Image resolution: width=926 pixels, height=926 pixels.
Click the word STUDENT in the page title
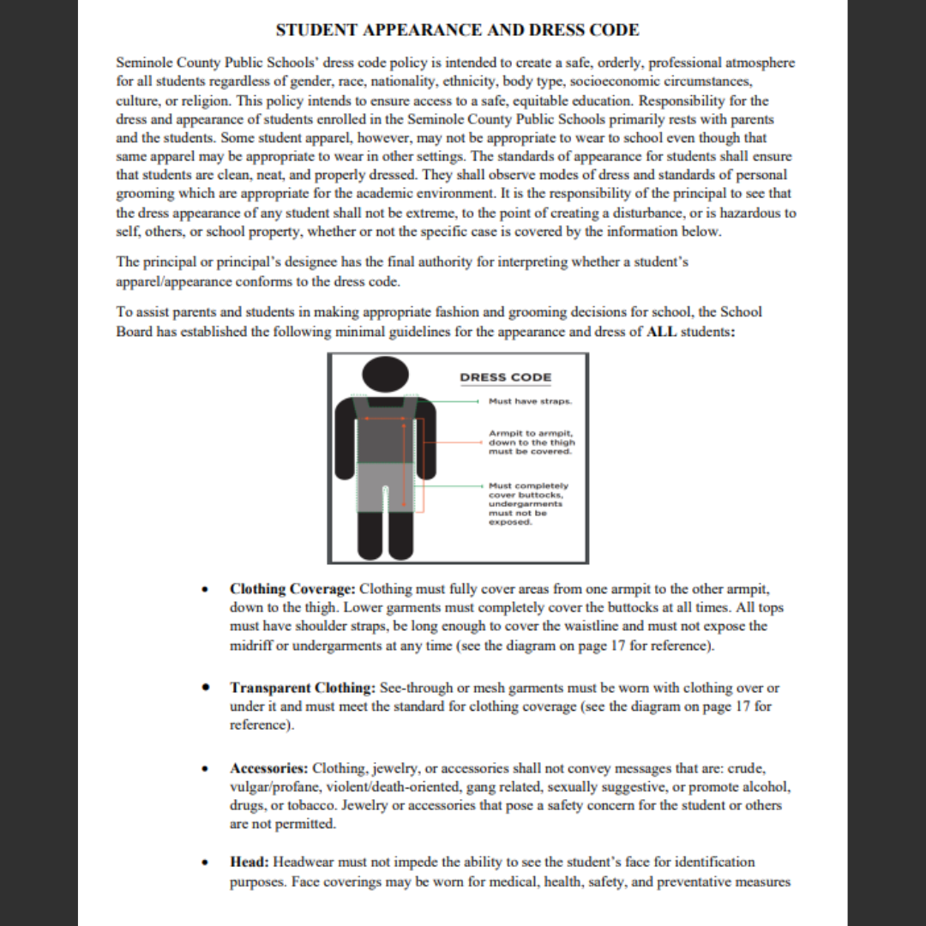click(317, 30)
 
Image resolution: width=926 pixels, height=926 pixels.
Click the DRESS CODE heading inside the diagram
click(505, 377)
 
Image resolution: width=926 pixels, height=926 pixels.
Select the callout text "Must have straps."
click(530, 400)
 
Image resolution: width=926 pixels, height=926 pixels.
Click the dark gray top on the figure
click(391, 433)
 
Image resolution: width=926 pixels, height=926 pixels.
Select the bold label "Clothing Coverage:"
click(292, 589)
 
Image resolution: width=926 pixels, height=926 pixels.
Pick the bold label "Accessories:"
click(269, 767)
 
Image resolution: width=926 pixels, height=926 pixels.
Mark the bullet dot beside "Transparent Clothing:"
click(204, 688)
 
